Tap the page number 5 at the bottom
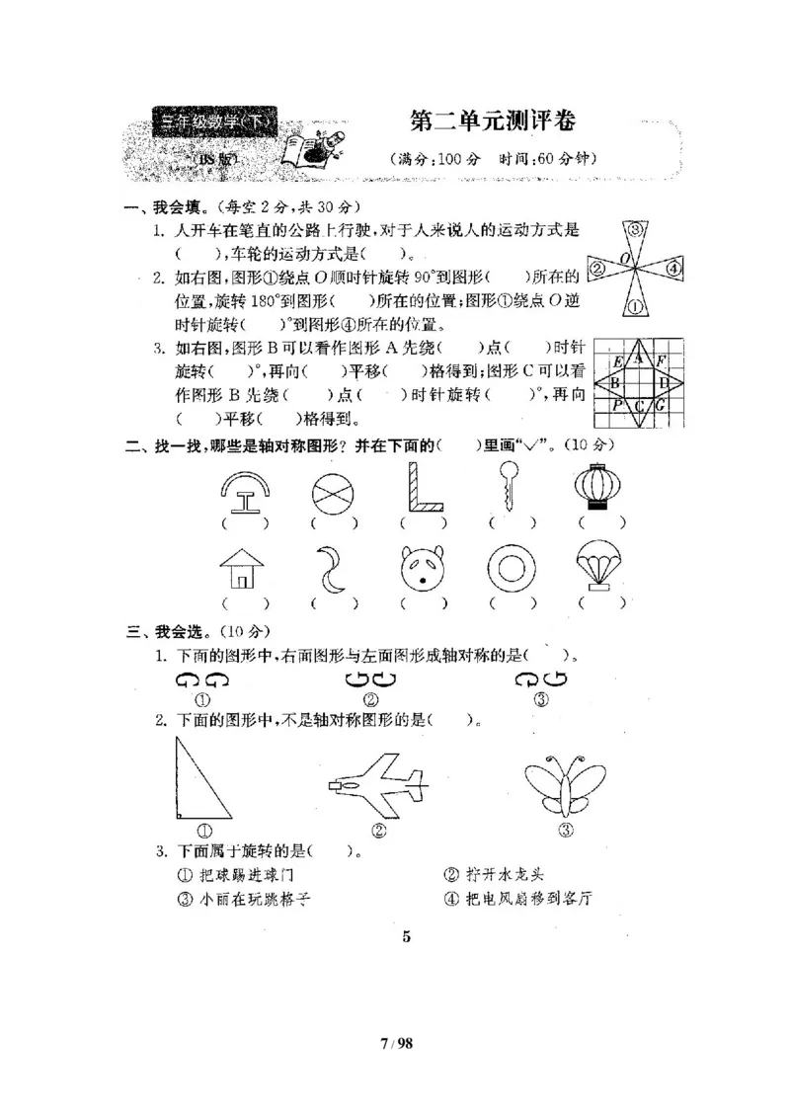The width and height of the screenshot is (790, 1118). (406, 936)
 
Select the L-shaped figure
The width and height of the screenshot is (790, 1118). (423, 487)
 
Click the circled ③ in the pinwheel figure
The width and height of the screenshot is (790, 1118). (637, 231)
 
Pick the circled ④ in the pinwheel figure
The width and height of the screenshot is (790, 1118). (672, 267)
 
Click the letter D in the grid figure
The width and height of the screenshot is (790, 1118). (664, 381)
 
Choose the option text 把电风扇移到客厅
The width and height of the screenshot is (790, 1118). (526, 899)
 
